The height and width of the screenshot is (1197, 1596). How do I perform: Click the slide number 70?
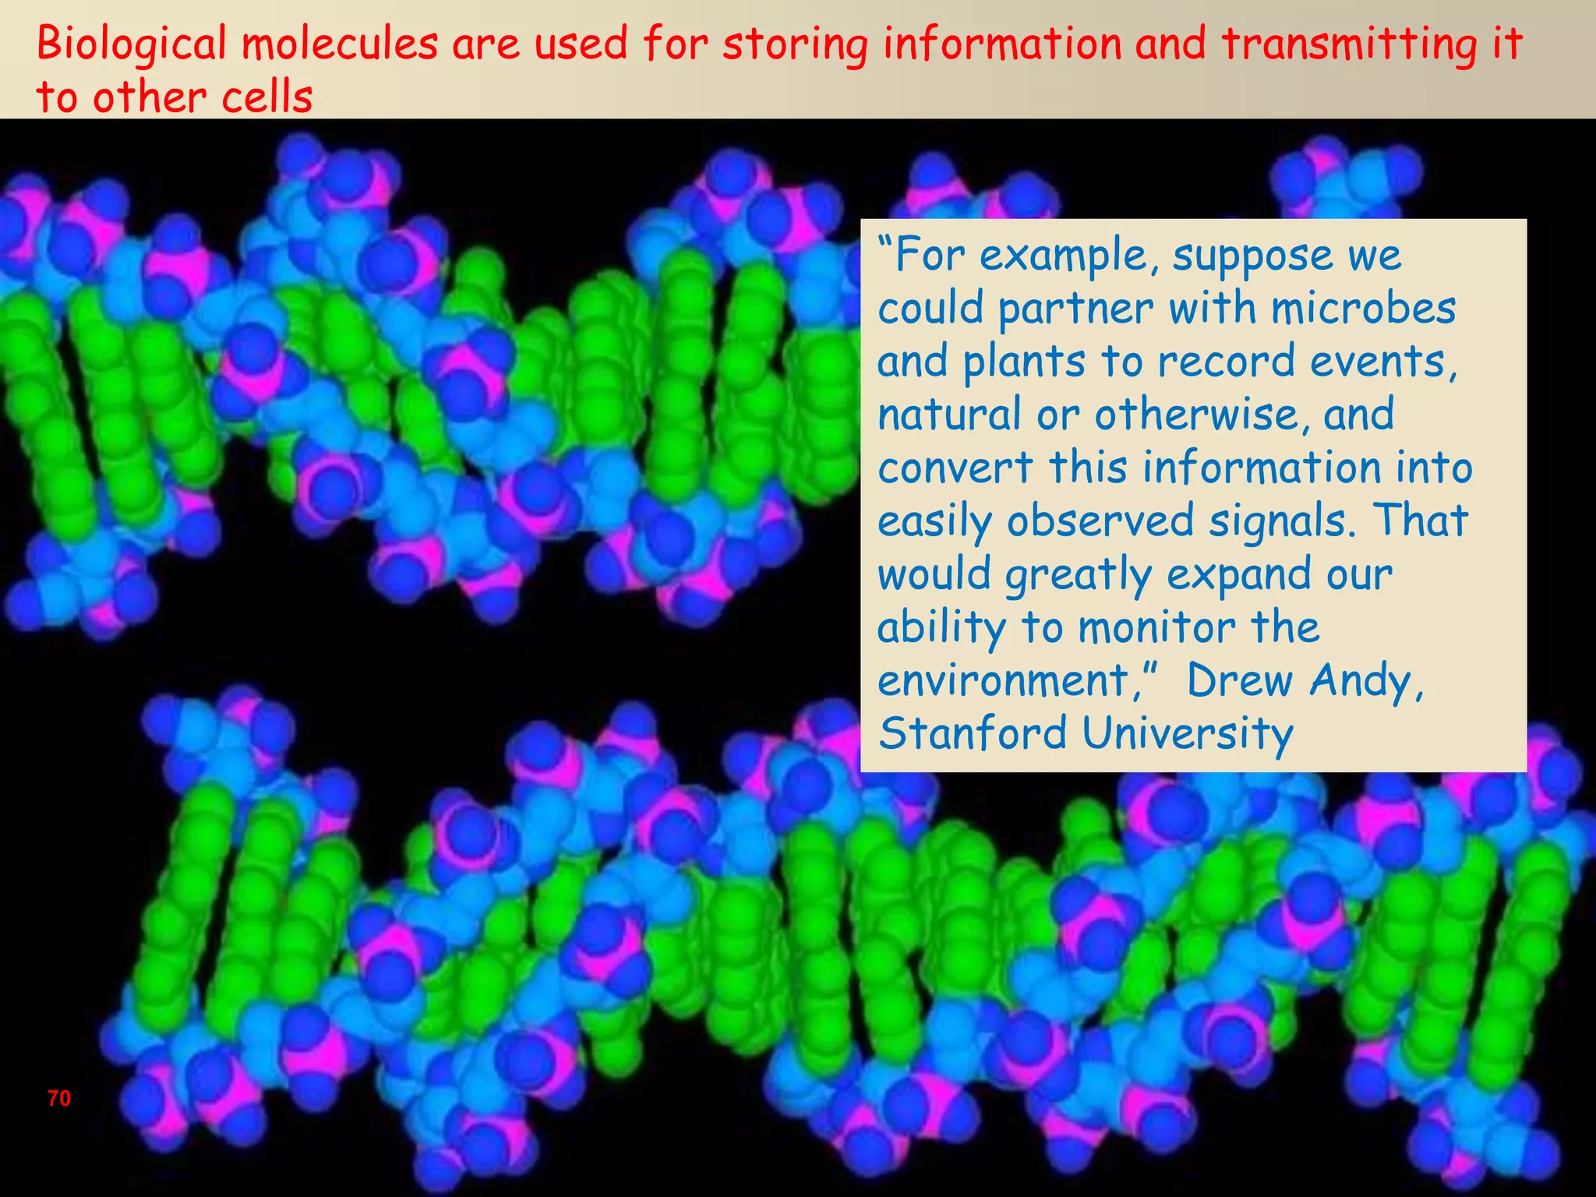click(x=59, y=1098)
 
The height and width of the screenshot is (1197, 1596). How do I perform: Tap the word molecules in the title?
click(x=340, y=45)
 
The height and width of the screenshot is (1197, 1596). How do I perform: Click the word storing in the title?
click(x=795, y=45)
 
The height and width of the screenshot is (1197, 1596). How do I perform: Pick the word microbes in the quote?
click(x=1363, y=309)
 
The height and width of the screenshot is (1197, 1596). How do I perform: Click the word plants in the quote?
click(x=1024, y=362)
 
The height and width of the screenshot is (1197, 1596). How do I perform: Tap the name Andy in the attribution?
click(x=1366, y=681)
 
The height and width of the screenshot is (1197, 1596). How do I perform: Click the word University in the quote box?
click(x=1188, y=734)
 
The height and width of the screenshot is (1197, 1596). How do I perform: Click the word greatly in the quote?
click(x=1078, y=576)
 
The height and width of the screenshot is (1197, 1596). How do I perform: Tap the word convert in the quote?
click(x=955, y=468)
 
